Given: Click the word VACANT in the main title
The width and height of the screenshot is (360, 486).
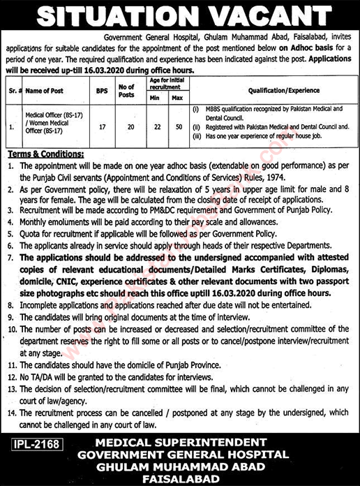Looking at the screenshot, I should pos(271,15).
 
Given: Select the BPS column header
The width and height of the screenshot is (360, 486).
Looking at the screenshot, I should pos(103,91).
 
